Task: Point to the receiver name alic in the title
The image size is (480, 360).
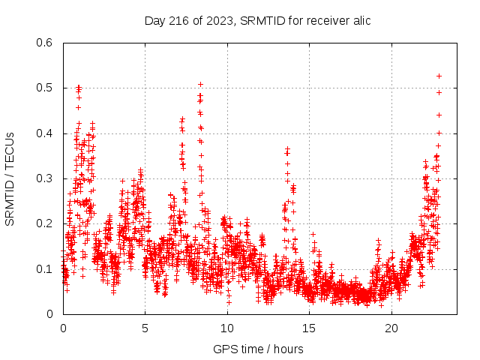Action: click(360, 20)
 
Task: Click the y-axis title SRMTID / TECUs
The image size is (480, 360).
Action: click(10, 178)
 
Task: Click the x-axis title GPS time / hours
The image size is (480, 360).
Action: click(258, 349)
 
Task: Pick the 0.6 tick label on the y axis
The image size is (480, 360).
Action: click(46, 43)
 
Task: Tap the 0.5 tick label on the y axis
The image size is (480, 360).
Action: click(46, 88)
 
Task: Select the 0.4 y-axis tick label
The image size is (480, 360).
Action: click(46, 133)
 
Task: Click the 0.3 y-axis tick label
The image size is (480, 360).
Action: click(46, 178)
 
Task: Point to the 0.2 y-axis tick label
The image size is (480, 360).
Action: click(46, 224)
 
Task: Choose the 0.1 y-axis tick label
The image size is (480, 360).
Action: click(46, 269)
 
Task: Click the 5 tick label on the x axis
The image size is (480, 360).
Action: click(145, 328)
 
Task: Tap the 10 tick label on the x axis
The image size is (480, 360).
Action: click(227, 328)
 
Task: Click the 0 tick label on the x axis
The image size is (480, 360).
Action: click(63, 328)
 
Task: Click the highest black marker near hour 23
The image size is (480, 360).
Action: click(439, 76)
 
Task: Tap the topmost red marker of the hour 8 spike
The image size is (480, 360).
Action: click(200, 84)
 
